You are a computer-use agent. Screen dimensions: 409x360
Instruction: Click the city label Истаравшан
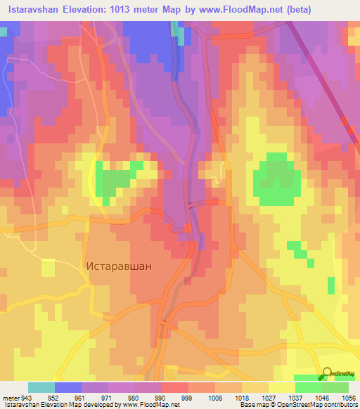click(x=118, y=267)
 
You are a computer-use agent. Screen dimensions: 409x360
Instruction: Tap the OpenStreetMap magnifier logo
click(x=328, y=372)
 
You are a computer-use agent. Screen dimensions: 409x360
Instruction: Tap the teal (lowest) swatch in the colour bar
click(x=41, y=387)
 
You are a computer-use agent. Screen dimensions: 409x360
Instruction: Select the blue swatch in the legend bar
click(x=68, y=387)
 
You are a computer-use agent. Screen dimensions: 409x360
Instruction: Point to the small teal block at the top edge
click(x=181, y=35)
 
